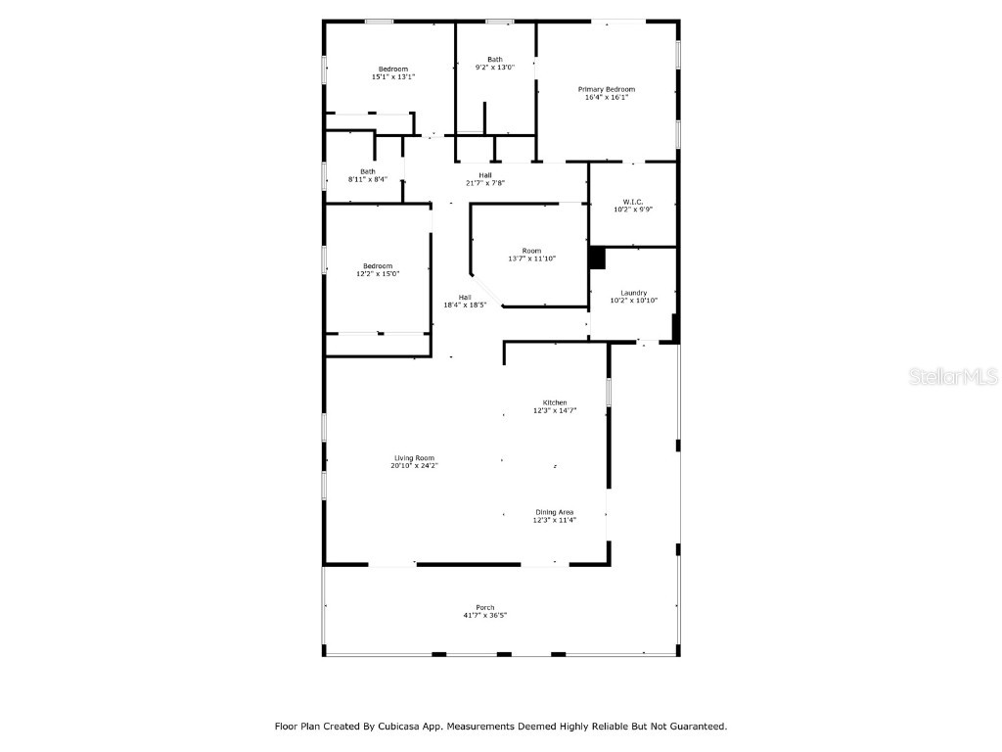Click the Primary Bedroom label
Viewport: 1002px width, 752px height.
coord(606,89)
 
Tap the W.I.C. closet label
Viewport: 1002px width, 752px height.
coord(632,202)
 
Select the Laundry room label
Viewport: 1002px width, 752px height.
coord(633,293)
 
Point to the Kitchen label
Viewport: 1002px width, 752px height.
coord(555,403)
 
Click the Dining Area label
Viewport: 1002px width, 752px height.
coord(555,512)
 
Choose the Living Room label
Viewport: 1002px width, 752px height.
coord(414,458)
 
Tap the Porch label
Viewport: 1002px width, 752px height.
coord(484,607)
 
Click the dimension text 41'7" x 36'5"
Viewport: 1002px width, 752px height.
coord(484,615)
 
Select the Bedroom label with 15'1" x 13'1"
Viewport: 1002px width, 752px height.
coord(393,69)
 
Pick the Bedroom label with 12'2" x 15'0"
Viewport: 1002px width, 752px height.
coord(378,266)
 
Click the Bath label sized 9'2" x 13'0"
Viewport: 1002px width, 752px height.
coord(495,60)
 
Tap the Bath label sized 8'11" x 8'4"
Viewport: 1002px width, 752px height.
coord(367,171)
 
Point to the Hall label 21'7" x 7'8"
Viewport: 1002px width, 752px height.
coord(485,175)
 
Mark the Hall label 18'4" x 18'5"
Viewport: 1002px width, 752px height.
coord(465,298)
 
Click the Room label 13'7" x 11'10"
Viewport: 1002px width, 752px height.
coord(531,251)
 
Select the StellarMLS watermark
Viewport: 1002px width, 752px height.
coord(953,376)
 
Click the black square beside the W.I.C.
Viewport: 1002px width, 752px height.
coord(597,258)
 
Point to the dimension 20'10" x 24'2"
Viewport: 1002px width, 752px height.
coord(414,466)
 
